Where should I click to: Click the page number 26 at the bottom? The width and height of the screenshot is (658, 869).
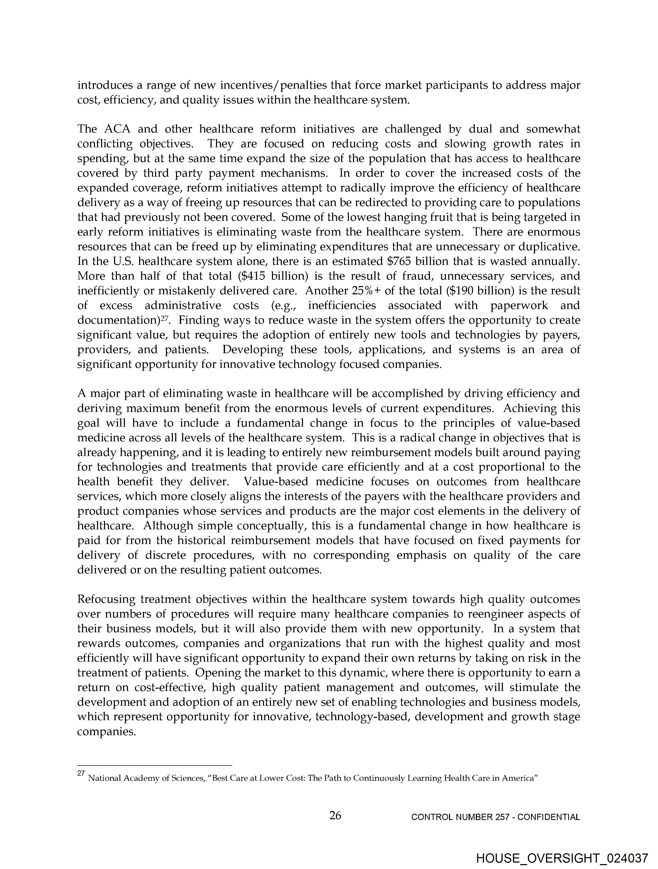[x=335, y=816]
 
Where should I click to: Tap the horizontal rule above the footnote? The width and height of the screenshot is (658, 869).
[x=155, y=766]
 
